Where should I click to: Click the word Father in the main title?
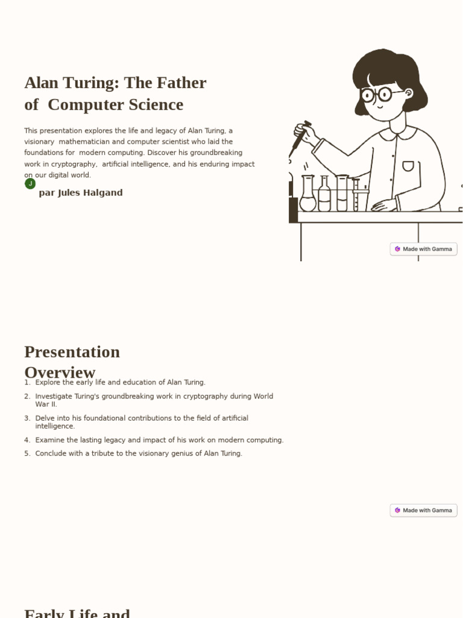tap(180, 83)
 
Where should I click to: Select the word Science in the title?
tap(154, 104)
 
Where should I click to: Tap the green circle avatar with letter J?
tap(30, 183)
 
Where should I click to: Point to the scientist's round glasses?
tap(377, 94)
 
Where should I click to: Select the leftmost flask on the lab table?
tap(307, 194)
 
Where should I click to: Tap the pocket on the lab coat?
tap(408, 166)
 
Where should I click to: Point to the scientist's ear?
tap(409, 94)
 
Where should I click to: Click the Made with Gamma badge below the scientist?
tap(423, 249)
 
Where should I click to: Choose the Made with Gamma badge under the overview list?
tap(423, 511)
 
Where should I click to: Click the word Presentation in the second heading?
tap(72, 352)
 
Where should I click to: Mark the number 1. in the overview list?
tap(27, 383)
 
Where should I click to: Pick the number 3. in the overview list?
tap(27, 418)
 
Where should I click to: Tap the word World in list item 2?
tap(263, 397)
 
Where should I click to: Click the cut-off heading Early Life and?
tap(77, 613)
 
